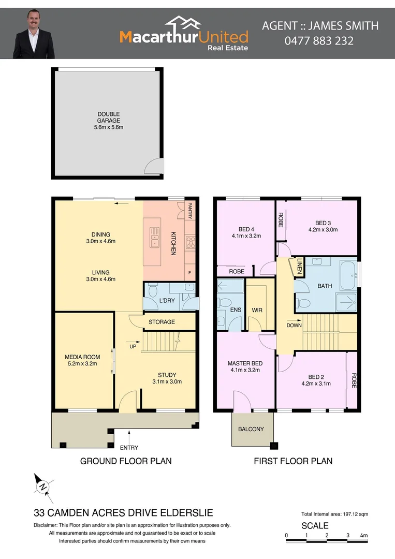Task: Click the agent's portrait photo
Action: (x=34, y=34)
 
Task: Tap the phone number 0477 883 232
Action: (x=319, y=40)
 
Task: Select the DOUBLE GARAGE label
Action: (x=108, y=117)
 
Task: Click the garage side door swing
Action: (x=154, y=166)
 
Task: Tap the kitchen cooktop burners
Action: (x=190, y=241)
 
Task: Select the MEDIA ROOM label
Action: (x=82, y=357)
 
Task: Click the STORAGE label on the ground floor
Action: (x=162, y=322)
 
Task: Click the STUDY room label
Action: (x=167, y=375)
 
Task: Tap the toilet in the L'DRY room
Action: (x=152, y=292)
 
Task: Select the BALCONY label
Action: (x=251, y=429)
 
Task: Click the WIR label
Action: (x=257, y=311)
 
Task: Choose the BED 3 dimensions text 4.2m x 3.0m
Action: (x=323, y=229)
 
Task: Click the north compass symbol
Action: (x=43, y=487)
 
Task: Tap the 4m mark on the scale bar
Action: (x=364, y=536)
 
